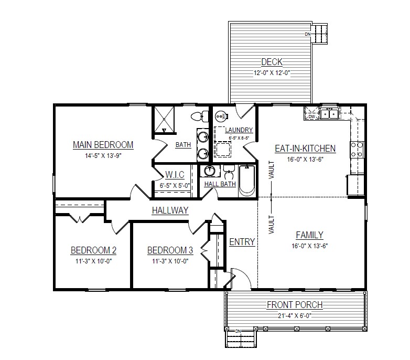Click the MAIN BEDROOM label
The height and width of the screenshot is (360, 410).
click(103, 145)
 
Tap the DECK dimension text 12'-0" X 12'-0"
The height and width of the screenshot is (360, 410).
click(272, 73)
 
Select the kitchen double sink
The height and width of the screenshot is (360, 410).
click(329, 113)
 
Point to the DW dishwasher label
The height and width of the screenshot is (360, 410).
click(311, 117)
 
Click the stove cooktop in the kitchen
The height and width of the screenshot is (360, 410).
click(357, 150)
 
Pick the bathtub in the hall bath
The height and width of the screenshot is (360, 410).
click(247, 181)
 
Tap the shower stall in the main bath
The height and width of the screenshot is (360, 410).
click(164, 120)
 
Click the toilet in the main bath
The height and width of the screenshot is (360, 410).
click(200, 116)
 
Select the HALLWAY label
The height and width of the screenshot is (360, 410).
click(170, 210)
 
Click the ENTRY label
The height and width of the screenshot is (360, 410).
click(242, 242)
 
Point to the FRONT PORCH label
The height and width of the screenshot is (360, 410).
click(295, 305)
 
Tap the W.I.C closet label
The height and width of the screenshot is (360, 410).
click(175, 175)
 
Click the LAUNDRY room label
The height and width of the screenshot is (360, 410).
click(239, 130)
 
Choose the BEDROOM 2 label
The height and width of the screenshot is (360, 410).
click(94, 250)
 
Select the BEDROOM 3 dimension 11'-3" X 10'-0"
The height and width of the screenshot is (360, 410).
click(170, 261)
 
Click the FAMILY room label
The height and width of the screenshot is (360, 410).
click(309, 235)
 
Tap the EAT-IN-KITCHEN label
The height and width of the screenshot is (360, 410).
click(305, 149)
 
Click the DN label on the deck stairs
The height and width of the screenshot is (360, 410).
click(307, 34)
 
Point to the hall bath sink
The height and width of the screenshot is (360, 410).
click(209, 171)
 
